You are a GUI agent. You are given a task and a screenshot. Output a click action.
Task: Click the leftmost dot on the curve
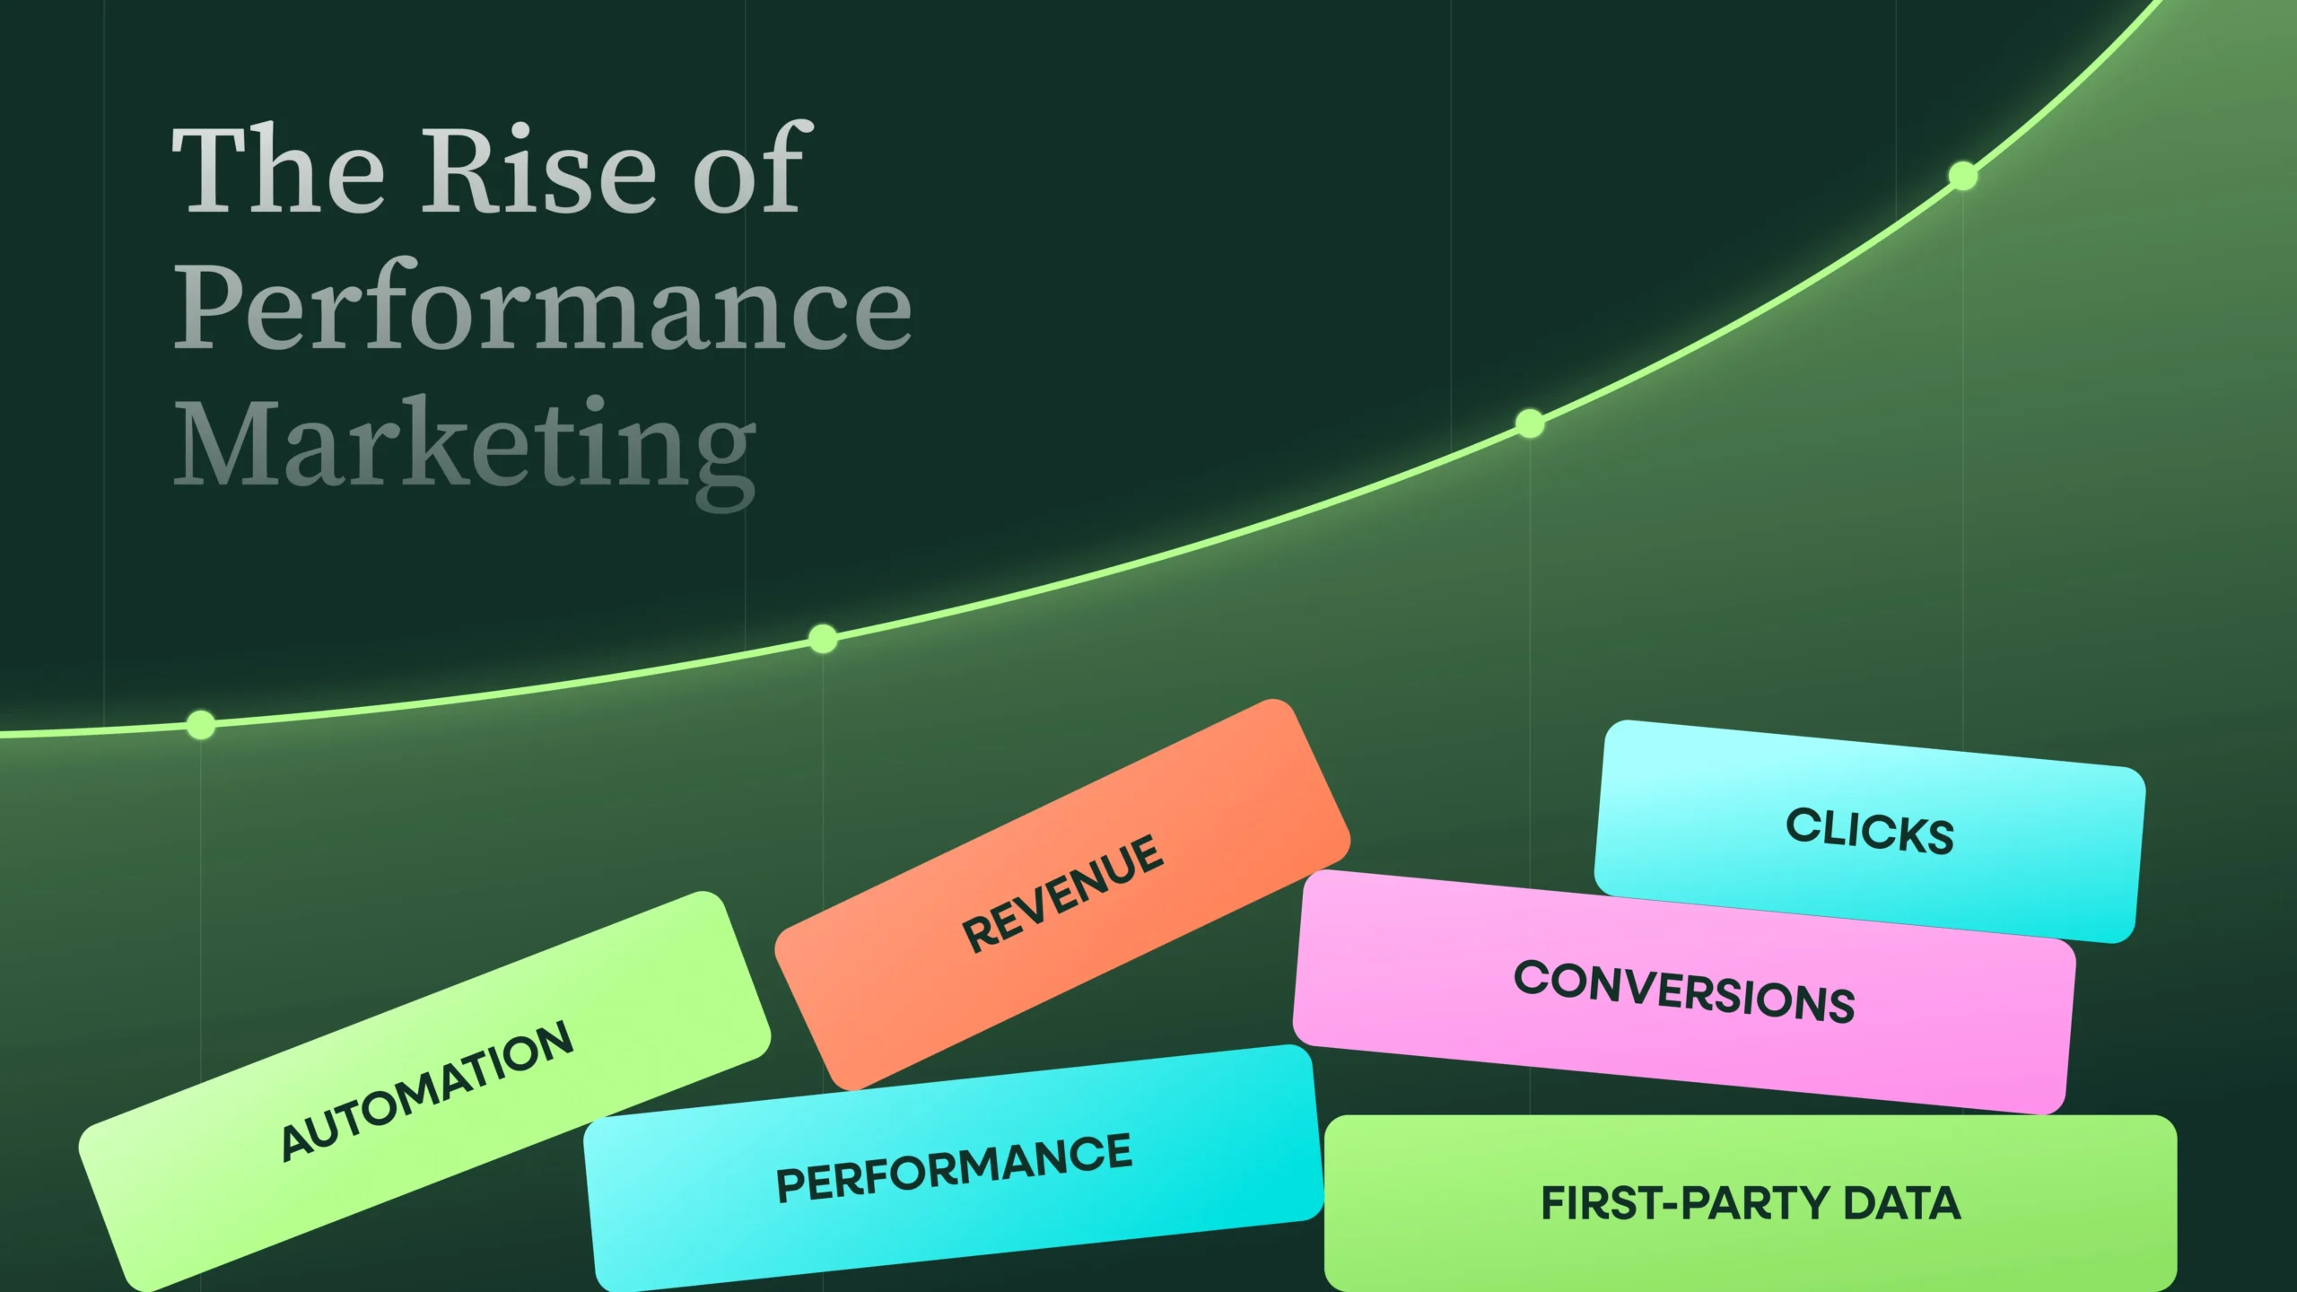(x=201, y=724)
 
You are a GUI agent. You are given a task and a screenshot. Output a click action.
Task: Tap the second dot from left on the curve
(x=823, y=639)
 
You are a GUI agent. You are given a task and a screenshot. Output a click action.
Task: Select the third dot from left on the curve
(x=1530, y=423)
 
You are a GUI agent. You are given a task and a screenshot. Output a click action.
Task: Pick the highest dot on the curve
(x=1963, y=176)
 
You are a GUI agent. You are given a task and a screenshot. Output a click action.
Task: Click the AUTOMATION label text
(x=426, y=1090)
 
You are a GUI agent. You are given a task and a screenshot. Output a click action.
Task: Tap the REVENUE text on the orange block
(x=1062, y=894)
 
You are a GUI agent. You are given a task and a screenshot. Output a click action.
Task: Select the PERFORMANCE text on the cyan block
(x=954, y=1167)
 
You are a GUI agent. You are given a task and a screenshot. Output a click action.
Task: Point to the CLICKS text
(x=1870, y=831)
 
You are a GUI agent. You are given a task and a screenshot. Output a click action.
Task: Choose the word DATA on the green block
(x=1902, y=1203)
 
